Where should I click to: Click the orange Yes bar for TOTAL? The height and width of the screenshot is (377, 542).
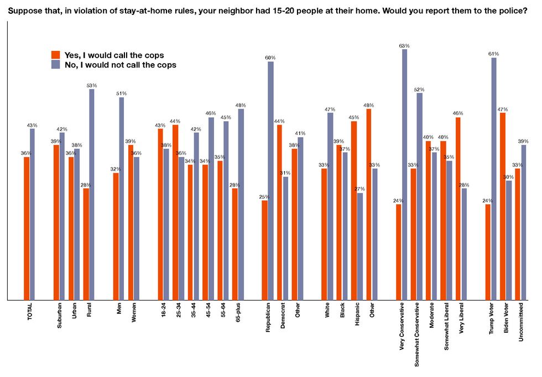click(27, 228)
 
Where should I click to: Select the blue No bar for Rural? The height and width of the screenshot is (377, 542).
click(92, 194)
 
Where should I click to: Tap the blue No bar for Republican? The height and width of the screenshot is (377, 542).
click(270, 180)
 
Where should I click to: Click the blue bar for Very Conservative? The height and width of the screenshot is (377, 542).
click(404, 174)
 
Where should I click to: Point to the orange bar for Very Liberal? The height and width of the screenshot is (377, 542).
click(458, 208)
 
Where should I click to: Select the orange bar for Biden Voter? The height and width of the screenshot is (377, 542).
click(503, 206)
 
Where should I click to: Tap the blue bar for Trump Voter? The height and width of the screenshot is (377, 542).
click(494, 178)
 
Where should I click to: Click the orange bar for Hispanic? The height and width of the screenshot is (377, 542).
click(354, 210)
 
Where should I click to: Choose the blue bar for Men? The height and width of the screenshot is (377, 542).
click(122, 198)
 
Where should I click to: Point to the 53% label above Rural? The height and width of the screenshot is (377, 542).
click(92, 85)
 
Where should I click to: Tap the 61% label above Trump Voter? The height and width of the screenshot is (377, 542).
click(494, 54)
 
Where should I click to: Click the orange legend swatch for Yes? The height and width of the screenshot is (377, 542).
click(55, 55)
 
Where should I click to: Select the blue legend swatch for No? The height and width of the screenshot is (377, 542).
click(55, 64)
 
